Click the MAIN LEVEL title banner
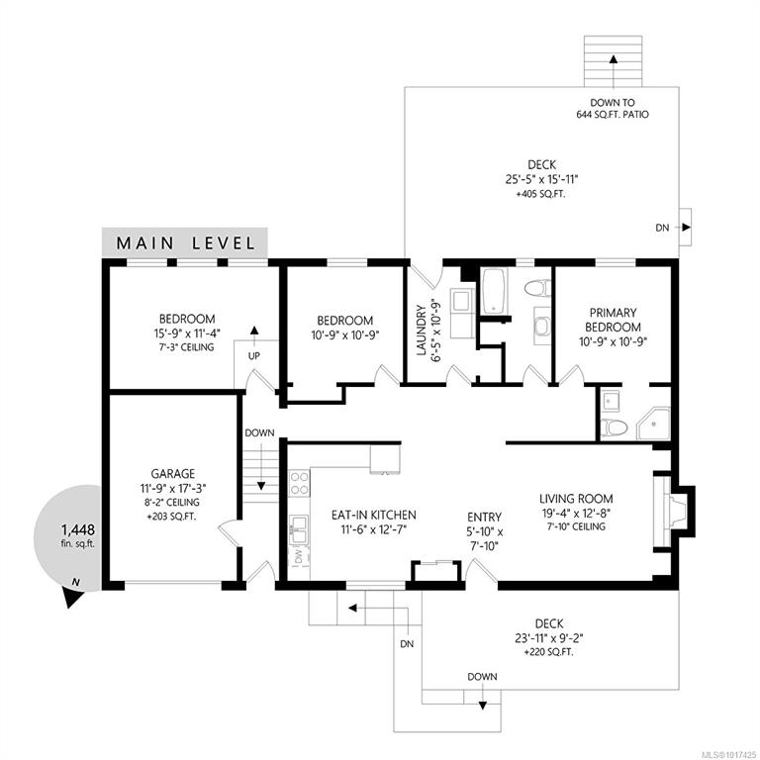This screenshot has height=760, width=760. (185, 242)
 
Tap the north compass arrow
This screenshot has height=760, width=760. (72, 594)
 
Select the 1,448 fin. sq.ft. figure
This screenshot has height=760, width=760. (77, 535)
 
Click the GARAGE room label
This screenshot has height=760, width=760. (173, 474)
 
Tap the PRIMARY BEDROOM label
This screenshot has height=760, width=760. (614, 320)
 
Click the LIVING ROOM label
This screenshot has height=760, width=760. (576, 499)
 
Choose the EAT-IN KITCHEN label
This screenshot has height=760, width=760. (374, 515)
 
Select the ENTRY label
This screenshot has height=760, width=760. (484, 518)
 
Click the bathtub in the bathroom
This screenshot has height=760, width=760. (494, 291)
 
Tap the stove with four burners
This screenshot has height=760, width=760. (299, 483)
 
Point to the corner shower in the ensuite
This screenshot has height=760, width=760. (654, 424)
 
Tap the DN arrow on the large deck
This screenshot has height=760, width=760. (686, 227)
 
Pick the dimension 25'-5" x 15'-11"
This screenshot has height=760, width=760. (542, 179)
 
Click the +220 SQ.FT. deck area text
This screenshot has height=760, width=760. (548, 652)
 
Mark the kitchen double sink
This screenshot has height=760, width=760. (299, 529)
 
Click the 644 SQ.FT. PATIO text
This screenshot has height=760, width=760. (613, 115)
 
